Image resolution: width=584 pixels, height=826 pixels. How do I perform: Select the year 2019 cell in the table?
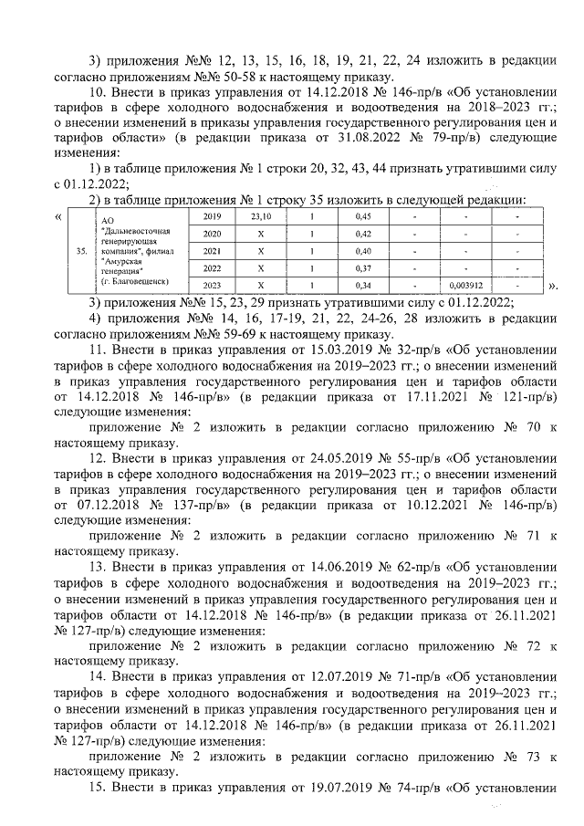(x=212, y=215)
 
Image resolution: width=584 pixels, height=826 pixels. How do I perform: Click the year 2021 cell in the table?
(x=212, y=250)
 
